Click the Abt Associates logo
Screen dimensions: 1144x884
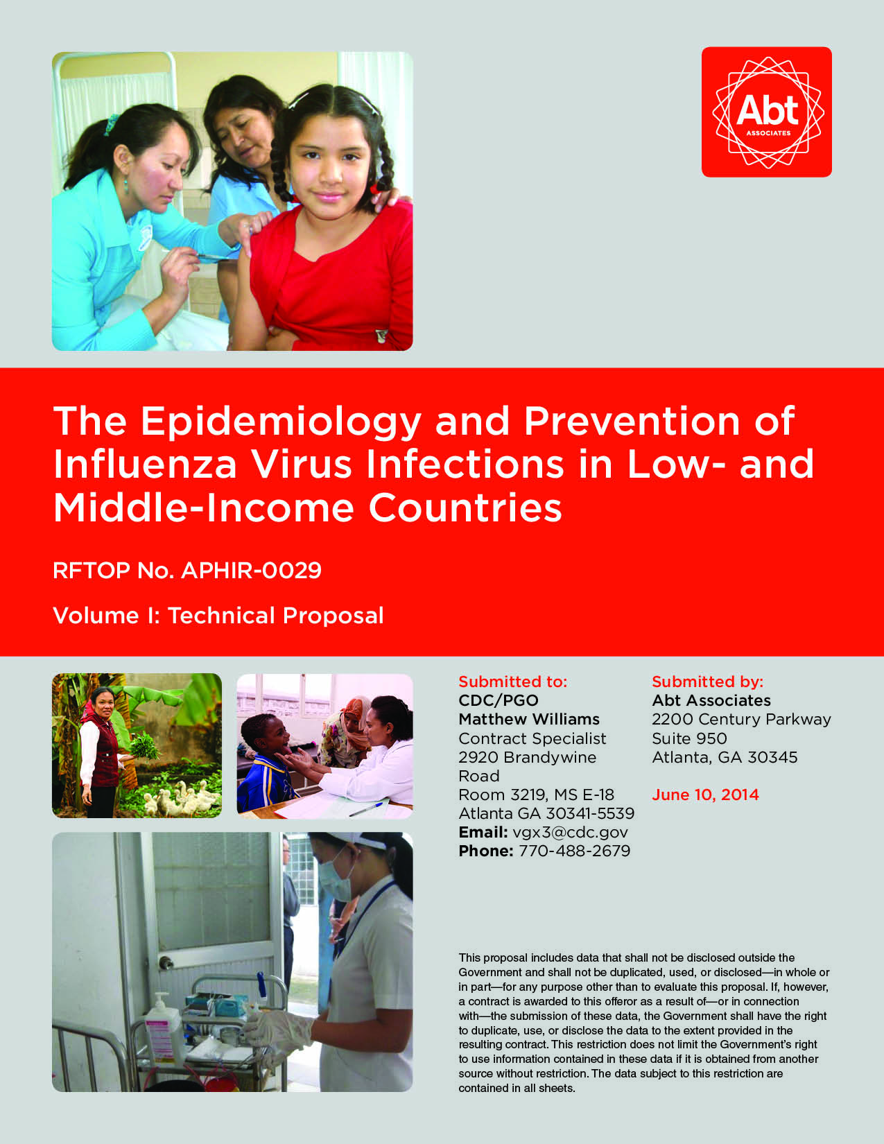[x=766, y=112]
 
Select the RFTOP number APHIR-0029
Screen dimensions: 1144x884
[x=251, y=571]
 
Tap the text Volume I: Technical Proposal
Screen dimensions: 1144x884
[x=218, y=616]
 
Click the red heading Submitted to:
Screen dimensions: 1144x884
[x=512, y=682]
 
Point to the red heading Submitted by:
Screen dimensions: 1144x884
[x=707, y=682]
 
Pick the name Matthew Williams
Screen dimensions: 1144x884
[x=529, y=719]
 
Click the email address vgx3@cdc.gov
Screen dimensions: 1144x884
[x=570, y=832]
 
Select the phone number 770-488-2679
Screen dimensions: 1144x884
[x=574, y=851]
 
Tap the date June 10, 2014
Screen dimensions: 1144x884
[x=705, y=795]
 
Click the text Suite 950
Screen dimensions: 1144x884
[x=689, y=738]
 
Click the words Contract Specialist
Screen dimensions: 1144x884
[x=532, y=738]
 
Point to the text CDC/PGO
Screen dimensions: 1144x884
[x=499, y=700]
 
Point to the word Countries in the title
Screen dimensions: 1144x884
[x=465, y=508]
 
